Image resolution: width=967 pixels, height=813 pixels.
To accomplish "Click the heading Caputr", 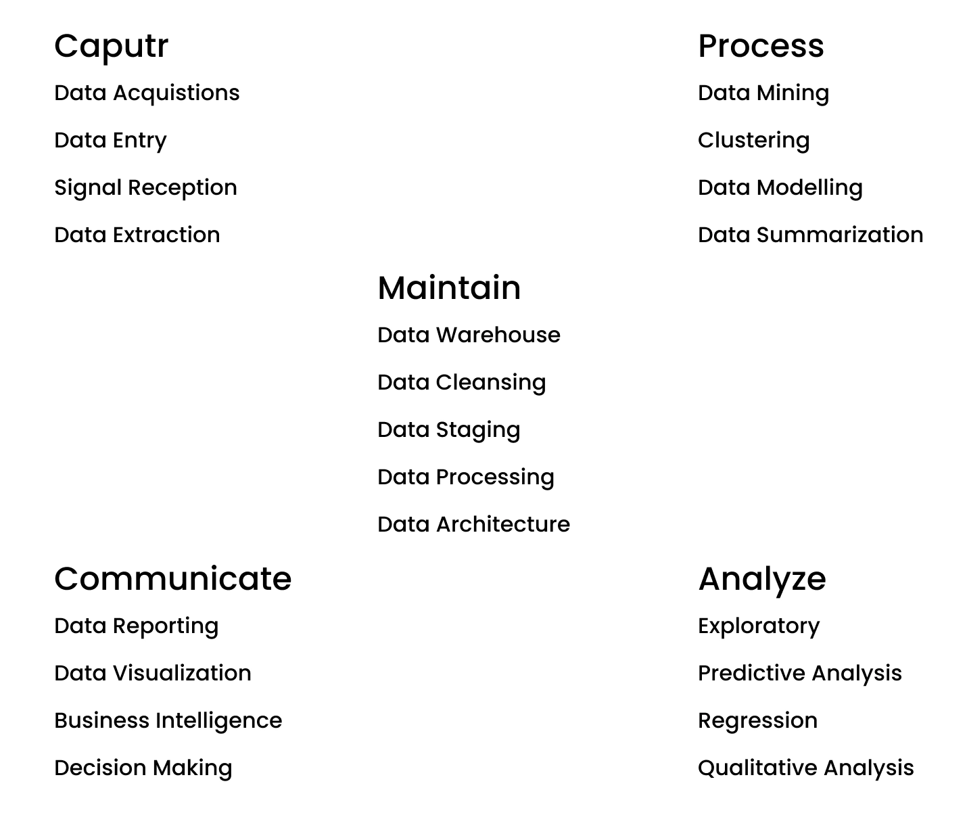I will tap(111, 47).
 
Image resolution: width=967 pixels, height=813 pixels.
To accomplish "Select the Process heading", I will tap(761, 47).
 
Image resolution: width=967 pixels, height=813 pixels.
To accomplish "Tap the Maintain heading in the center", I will tap(449, 288).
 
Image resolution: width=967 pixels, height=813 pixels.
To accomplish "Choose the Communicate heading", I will tap(172, 579).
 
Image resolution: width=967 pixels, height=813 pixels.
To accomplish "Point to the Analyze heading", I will tap(761, 580).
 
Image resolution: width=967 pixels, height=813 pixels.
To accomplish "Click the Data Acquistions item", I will tap(147, 93).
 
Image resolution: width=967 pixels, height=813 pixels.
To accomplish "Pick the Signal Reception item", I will tap(145, 188).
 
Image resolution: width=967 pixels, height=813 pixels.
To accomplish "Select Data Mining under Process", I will tap(763, 93).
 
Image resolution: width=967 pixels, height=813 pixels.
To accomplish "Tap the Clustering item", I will tap(753, 141).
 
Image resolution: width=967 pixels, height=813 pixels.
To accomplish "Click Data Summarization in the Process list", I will tap(810, 235).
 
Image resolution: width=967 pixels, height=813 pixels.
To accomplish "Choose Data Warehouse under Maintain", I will tap(469, 335).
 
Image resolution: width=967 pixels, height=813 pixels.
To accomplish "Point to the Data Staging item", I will tap(448, 430).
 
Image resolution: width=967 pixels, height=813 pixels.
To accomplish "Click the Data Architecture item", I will tap(473, 525).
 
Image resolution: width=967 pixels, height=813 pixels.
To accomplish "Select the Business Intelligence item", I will tap(168, 721).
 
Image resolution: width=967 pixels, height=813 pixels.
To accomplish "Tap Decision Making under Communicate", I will tap(143, 768).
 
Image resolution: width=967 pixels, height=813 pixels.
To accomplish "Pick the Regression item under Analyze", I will tap(757, 721).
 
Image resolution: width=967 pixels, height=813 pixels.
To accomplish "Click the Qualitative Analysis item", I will tap(805, 768).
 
